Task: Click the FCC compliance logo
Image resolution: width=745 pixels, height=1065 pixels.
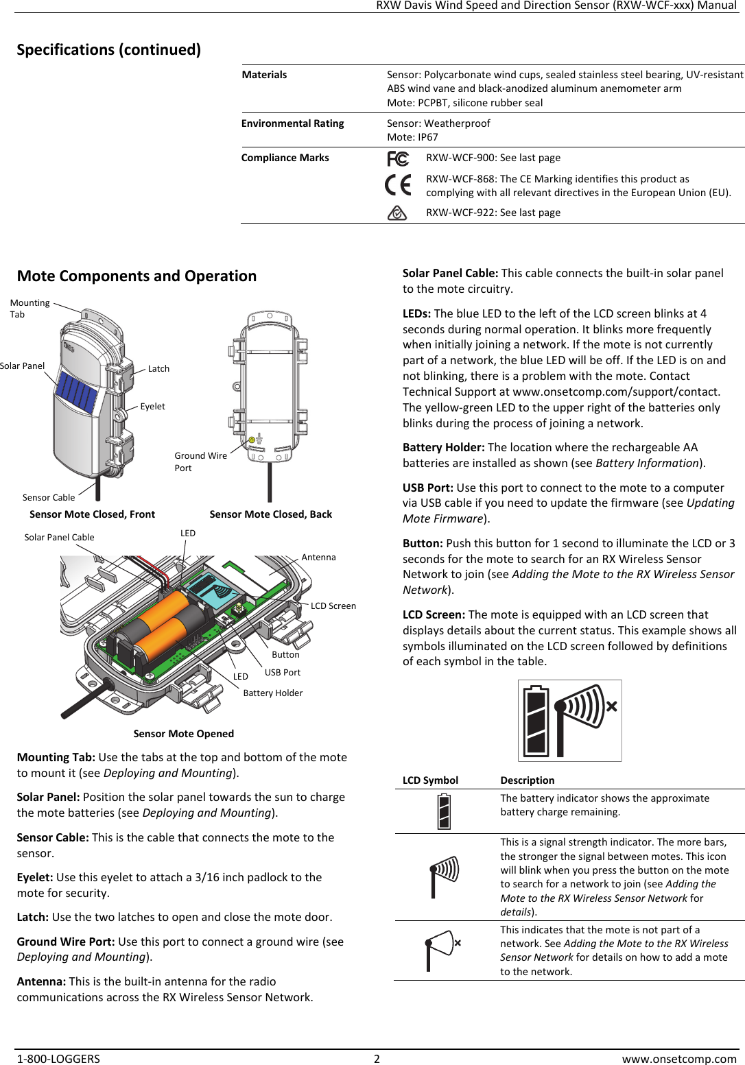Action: [x=398, y=159]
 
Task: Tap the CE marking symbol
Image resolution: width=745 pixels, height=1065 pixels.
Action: [x=398, y=185]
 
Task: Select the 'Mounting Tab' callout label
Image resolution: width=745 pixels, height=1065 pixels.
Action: [x=29, y=309]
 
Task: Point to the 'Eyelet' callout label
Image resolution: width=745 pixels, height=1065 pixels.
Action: [x=152, y=407]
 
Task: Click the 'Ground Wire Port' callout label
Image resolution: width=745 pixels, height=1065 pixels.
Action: [x=200, y=462]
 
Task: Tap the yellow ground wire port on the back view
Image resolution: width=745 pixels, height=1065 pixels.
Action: [x=252, y=440]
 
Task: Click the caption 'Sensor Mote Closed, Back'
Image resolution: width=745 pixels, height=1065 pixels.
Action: [x=270, y=514]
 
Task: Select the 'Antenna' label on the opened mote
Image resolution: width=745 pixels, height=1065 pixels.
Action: [x=318, y=558]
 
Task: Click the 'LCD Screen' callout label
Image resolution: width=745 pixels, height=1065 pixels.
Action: [x=333, y=606]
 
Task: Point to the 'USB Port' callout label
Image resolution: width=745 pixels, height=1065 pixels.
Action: [x=283, y=673]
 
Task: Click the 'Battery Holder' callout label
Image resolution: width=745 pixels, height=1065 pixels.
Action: [x=272, y=693]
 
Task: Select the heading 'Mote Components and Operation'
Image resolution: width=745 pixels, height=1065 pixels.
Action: [x=137, y=276]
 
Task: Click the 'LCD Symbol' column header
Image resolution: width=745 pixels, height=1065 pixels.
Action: [x=430, y=780]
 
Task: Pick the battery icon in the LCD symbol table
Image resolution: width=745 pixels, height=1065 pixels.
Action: [x=444, y=812]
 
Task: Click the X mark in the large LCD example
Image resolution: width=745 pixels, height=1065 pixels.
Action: [x=611, y=706]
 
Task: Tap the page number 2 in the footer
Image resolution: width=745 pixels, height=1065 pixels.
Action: [x=377, y=1059]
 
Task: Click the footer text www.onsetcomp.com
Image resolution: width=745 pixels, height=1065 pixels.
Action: [x=678, y=1059]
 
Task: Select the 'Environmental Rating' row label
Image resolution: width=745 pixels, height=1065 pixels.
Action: [x=292, y=123]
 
